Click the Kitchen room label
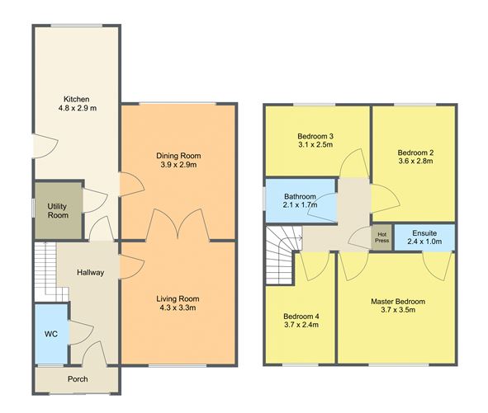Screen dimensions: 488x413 click(x=77, y=99)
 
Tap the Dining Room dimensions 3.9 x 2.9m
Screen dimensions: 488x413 click(x=178, y=165)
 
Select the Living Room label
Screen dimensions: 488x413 click(x=178, y=298)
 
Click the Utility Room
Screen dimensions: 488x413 click(x=58, y=210)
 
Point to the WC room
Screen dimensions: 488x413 click(x=51, y=334)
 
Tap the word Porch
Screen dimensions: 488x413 click(x=78, y=379)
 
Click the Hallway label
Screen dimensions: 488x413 click(x=90, y=273)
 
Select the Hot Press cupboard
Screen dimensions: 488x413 click(x=381, y=237)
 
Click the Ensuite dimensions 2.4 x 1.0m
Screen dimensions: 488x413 click(x=424, y=242)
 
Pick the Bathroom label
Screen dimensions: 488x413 click(x=300, y=196)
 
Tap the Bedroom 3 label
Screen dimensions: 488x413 click(x=315, y=136)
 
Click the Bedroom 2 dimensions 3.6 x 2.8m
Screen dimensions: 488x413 click(x=415, y=161)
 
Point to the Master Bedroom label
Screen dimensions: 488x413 click(x=398, y=301)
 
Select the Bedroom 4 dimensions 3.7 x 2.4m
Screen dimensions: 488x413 click(x=301, y=325)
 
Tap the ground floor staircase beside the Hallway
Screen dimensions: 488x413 click(x=51, y=271)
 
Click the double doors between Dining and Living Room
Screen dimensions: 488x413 click(x=178, y=224)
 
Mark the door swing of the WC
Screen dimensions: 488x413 click(x=81, y=333)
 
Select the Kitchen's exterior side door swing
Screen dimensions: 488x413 click(x=45, y=146)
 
